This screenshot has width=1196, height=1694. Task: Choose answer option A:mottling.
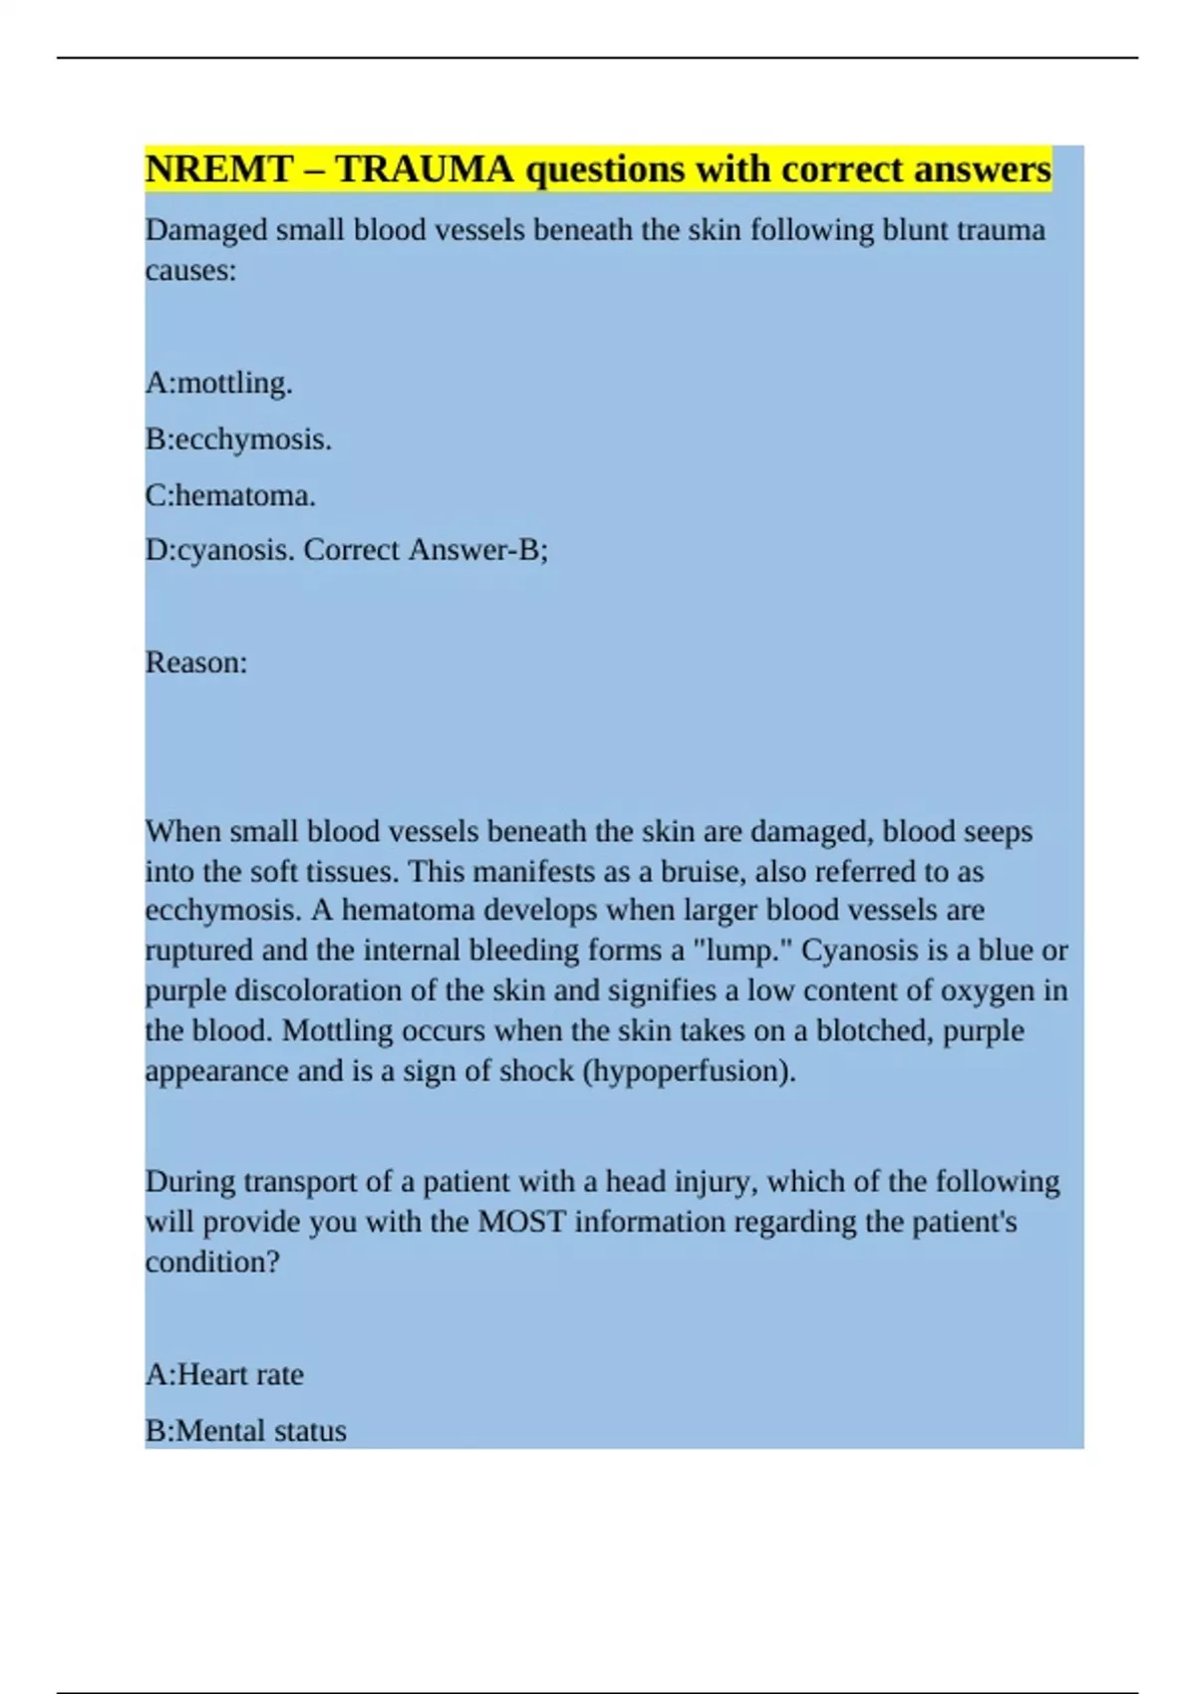pyautogui.click(x=218, y=384)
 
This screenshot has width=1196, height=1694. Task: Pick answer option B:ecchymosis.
pyautogui.click(x=238, y=439)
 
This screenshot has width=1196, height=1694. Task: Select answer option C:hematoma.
pyautogui.click(x=230, y=495)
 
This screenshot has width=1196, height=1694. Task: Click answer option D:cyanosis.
pyautogui.click(x=219, y=550)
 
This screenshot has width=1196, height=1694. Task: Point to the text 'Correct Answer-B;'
pyautogui.click(x=426, y=550)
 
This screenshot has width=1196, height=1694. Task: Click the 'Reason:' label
pyautogui.click(x=196, y=663)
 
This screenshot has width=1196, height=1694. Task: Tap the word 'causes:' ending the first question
pyautogui.click(x=190, y=271)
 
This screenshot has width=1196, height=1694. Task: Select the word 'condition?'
pyautogui.click(x=212, y=1263)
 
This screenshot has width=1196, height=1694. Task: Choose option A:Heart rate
pyautogui.click(x=224, y=1375)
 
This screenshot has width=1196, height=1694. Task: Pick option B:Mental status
pyautogui.click(x=245, y=1431)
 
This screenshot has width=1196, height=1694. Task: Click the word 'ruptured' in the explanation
pyautogui.click(x=198, y=951)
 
